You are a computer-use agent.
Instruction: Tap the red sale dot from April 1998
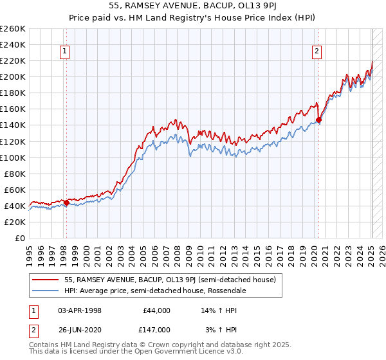(x=66, y=203)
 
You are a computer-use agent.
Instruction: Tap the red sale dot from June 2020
(x=318, y=120)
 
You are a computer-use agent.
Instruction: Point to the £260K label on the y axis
(x=13, y=29)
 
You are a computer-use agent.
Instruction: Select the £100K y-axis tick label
(x=13, y=157)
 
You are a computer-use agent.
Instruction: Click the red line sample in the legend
(x=46, y=280)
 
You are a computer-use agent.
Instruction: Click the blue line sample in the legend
(x=46, y=291)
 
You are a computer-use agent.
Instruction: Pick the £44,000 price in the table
(x=156, y=310)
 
